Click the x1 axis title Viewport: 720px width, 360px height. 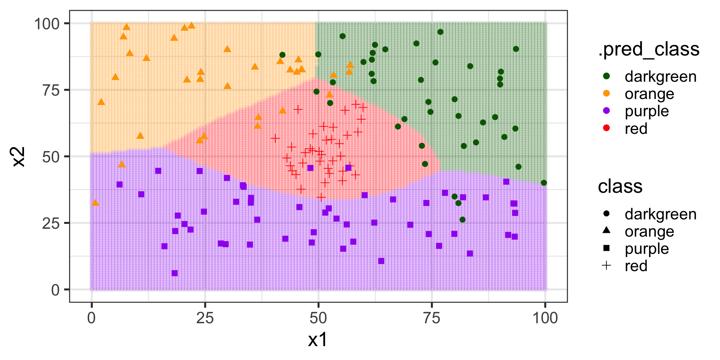(x=318, y=340)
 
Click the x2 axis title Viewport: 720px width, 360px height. (x=18, y=156)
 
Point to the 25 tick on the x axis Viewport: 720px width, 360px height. (x=205, y=318)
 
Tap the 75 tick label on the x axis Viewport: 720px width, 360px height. (x=432, y=318)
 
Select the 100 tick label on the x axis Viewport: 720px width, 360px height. (x=545, y=318)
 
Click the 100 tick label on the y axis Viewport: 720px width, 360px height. (x=47, y=24)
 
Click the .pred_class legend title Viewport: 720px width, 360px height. (x=648, y=49)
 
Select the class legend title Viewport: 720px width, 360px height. (x=620, y=186)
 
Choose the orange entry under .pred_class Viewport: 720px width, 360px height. (x=649, y=94)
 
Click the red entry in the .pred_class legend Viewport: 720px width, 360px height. (x=636, y=128)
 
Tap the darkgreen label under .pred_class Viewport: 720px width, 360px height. (x=660, y=76)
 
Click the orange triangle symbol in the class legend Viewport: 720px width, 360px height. (x=606, y=230)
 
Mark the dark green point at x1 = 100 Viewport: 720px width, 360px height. (x=544, y=183)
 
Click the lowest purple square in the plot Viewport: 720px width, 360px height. (x=174, y=273)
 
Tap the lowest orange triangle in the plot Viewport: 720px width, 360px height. (x=95, y=203)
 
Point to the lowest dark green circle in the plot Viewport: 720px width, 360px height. (x=462, y=219)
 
